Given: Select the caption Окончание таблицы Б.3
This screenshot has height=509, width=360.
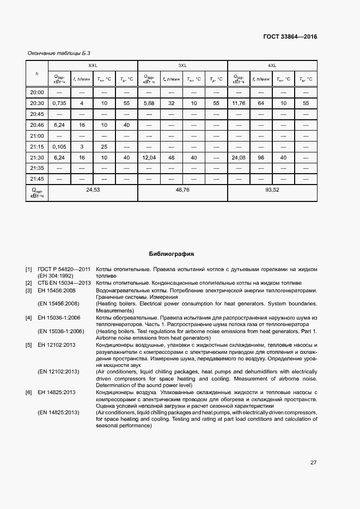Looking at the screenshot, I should click(54, 53).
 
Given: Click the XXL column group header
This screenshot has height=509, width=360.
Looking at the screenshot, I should click(93, 65).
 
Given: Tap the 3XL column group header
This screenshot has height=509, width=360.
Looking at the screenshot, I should click(182, 65).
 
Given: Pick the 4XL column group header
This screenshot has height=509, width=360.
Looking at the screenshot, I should click(272, 65).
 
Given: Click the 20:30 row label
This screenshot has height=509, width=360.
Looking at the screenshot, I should click(37, 103).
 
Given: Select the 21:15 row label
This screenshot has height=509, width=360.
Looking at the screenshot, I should click(37, 146).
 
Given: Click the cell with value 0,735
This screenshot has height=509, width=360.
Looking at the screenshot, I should click(59, 103).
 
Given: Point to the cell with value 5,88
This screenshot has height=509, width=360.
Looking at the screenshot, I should click(149, 103).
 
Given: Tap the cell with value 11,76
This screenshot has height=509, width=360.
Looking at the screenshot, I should click(239, 103).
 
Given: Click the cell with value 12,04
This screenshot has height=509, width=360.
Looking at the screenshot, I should click(149, 157).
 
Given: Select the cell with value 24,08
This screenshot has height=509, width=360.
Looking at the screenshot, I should click(239, 157).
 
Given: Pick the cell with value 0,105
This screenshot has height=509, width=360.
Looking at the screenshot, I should click(59, 146).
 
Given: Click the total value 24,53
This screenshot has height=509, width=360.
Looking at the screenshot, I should click(93, 190).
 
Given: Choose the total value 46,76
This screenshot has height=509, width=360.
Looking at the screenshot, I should click(182, 190).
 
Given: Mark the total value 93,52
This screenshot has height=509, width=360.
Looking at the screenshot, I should click(272, 190).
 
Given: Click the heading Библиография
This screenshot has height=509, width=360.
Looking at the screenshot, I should click(172, 254).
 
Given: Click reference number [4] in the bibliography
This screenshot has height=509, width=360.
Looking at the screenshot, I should click(29, 317).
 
